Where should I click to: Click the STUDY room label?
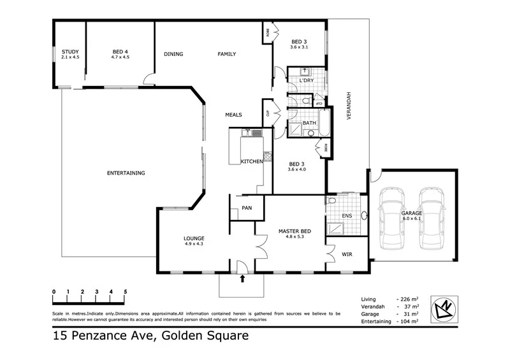pos(69,52)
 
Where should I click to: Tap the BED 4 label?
pos(120,52)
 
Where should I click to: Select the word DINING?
pos(173,54)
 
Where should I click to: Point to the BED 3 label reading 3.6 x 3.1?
pos(299,42)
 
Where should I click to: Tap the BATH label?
pos(310,123)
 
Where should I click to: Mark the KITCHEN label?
pos(252,162)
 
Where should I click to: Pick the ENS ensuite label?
pos(347,216)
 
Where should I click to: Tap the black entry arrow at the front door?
pos(242,278)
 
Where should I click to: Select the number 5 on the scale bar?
pos(126,292)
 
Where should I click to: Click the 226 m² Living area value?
pos(407,299)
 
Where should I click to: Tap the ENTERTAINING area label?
pos(126,173)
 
